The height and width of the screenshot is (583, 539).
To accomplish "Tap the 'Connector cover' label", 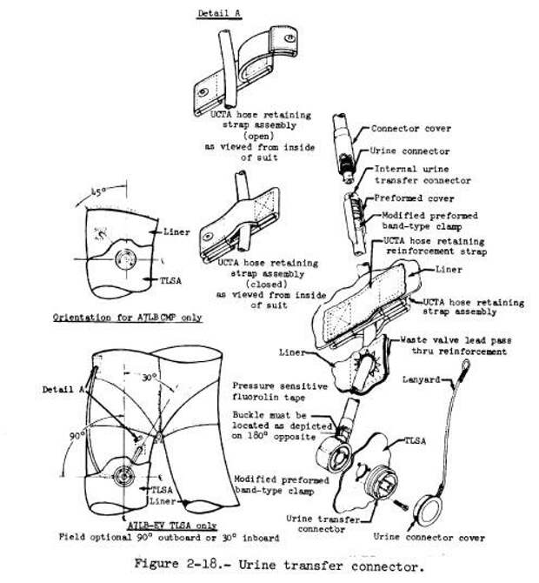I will click(410, 128).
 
